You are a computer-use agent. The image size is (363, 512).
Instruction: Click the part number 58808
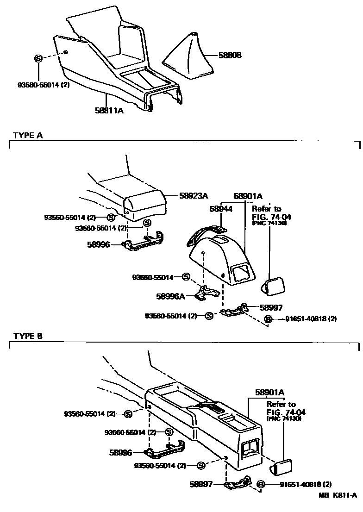click(230, 55)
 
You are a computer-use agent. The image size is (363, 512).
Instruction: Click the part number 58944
click(221, 209)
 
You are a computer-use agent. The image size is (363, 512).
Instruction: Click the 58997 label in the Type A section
click(271, 307)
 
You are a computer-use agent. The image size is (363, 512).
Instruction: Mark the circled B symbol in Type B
click(261, 484)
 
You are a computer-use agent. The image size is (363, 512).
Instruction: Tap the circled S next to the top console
click(38, 58)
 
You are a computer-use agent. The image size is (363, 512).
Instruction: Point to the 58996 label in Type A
click(99, 244)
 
